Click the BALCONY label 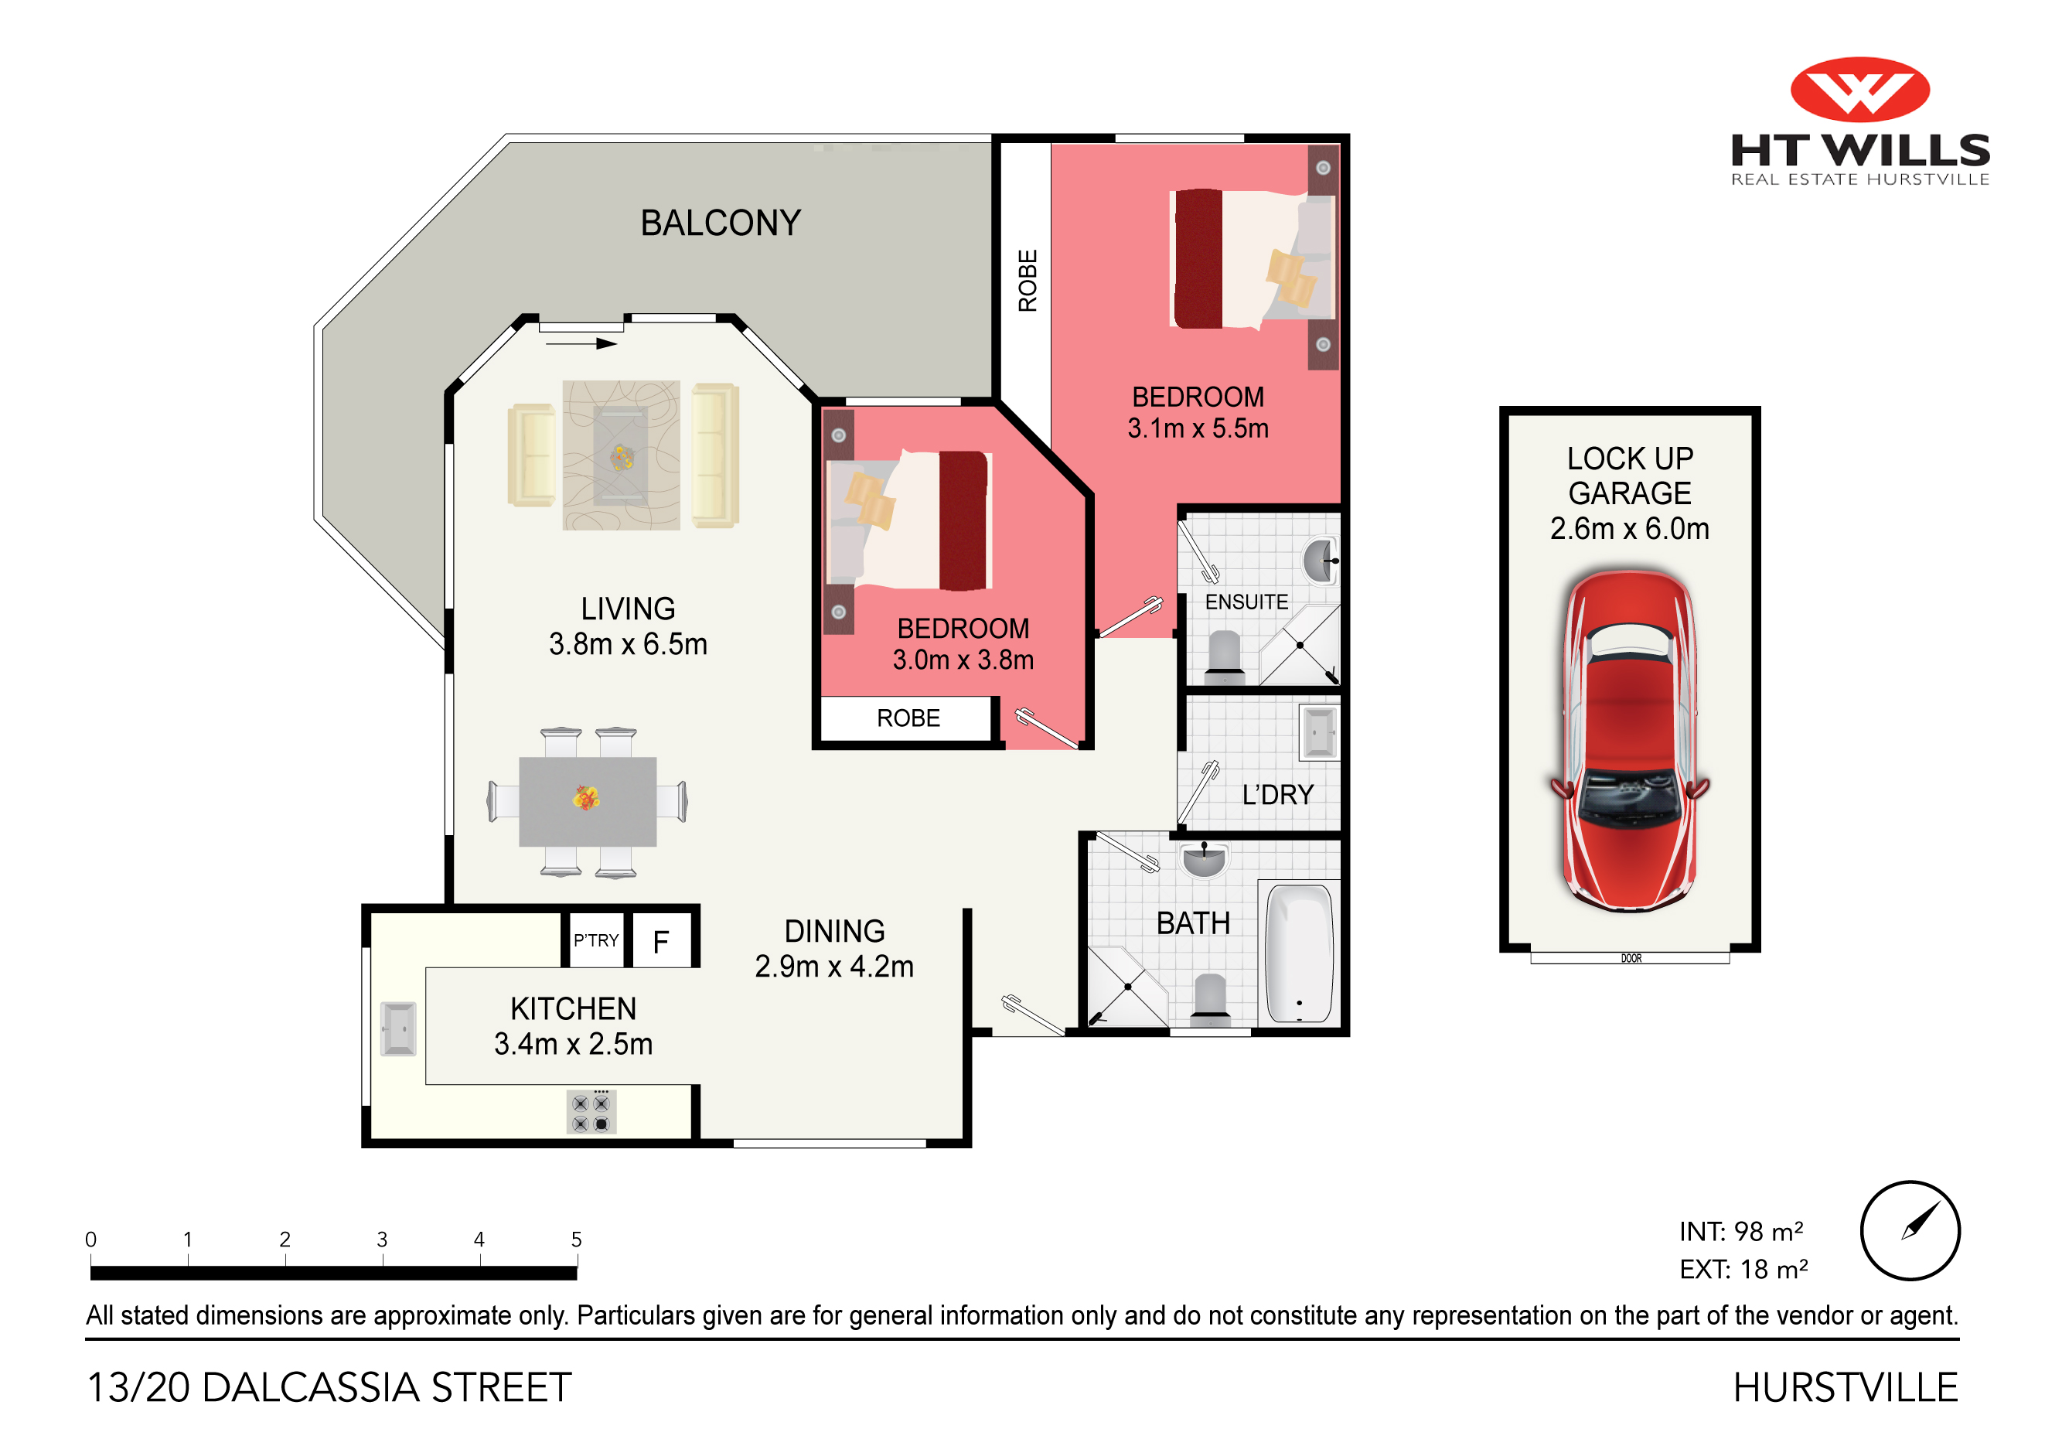pos(721,223)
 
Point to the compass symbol pos(1910,1230)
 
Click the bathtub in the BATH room pos(1300,953)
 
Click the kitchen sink pos(398,1029)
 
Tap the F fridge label pos(661,942)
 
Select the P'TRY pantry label pos(596,941)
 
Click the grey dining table pos(588,802)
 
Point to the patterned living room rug pos(622,455)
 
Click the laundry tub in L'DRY pos(1319,732)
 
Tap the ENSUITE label pos(1246,602)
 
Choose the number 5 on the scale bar pos(576,1240)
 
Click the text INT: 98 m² pos(1741,1231)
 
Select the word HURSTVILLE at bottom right pos(1846,1387)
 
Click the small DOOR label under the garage pos(1631,959)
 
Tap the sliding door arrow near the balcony pos(581,344)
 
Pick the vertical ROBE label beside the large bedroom pos(1028,281)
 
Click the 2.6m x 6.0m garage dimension pos(1629,528)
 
